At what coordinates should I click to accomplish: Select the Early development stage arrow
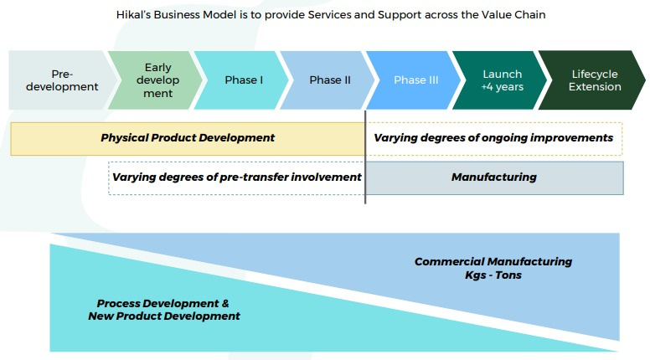click(157, 80)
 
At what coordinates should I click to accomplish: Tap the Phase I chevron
click(243, 80)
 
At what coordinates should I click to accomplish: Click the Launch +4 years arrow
click(501, 80)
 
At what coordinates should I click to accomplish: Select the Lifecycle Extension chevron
click(595, 80)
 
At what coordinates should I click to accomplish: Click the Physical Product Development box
click(188, 138)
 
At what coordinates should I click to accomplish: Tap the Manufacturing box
click(494, 177)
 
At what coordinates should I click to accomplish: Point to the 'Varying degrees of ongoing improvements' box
click(494, 138)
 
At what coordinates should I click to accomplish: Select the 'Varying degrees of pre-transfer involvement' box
click(237, 177)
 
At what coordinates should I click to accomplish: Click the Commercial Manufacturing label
click(493, 262)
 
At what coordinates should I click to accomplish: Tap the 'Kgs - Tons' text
click(493, 275)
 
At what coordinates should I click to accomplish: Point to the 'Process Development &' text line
click(163, 303)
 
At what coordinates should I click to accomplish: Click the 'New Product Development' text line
click(164, 316)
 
